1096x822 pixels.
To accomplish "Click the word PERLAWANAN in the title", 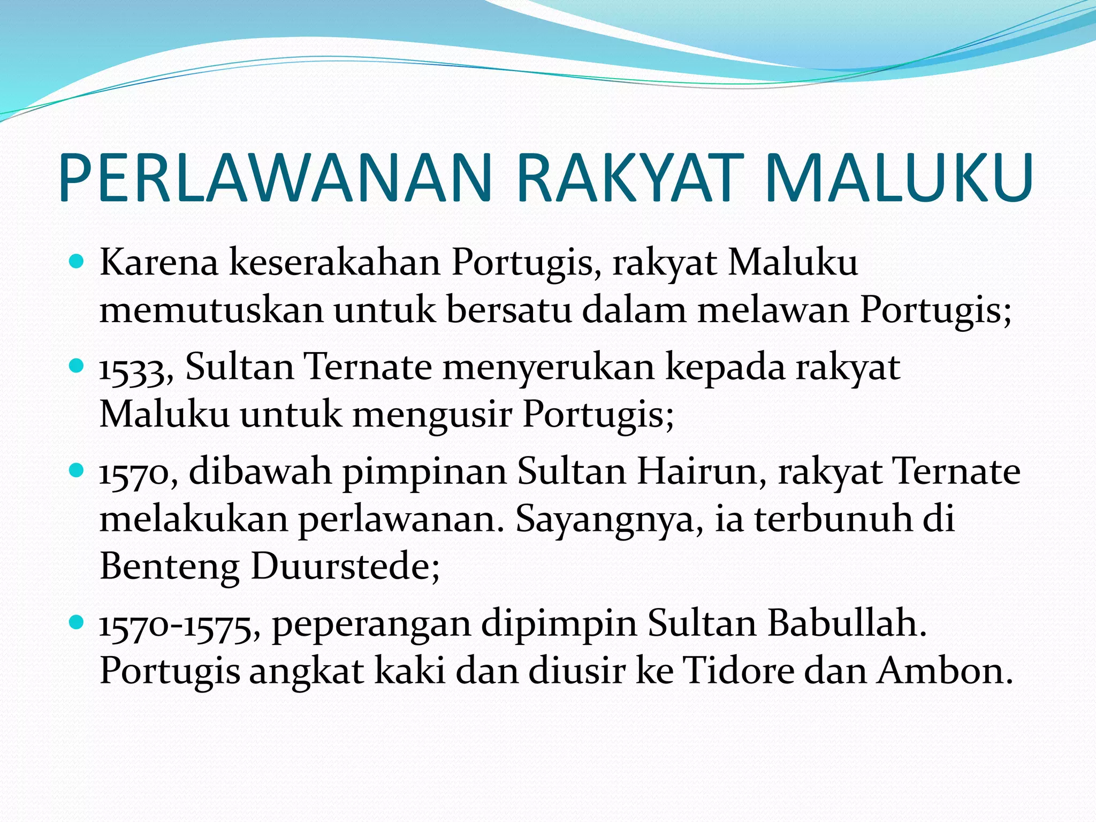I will pyautogui.click(x=275, y=178).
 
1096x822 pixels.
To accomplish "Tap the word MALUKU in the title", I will pyautogui.click(x=899, y=178).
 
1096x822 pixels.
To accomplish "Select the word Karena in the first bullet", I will pyautogui.click(x=159, y=263).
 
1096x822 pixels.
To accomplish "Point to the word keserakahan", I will pyautogui.click(x=335, y=263).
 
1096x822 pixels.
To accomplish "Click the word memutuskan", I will pyautogui.click(x=211, y=310).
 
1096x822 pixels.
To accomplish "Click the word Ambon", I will pyautogui.click(x=945, y=671).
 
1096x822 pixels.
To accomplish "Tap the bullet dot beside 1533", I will pyautogui.click(x=77, y=367).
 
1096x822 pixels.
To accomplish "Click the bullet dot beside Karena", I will pyautogui.click(x=77, y=262).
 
